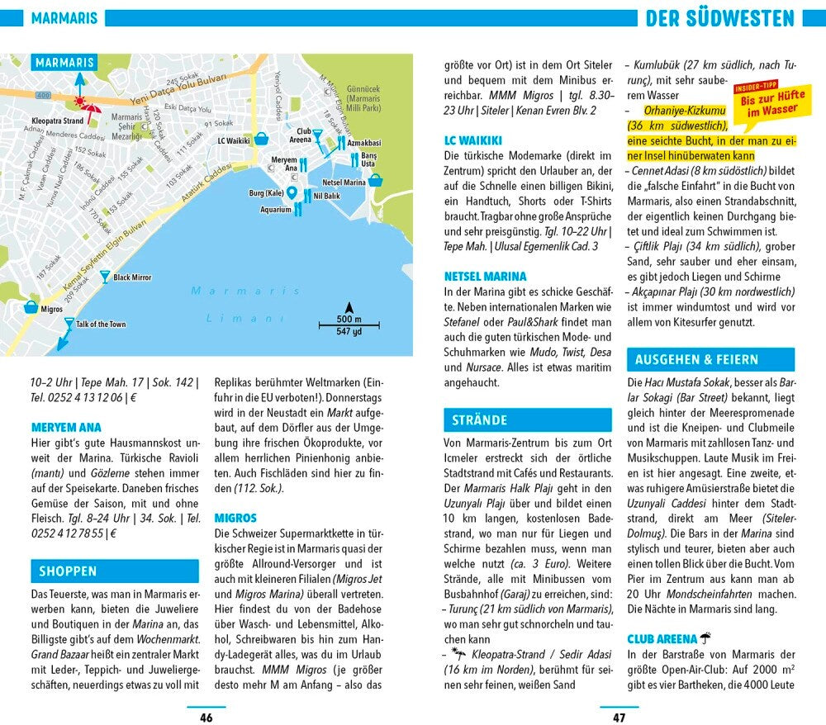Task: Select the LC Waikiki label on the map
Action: point(234,141)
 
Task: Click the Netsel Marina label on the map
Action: point(344,182)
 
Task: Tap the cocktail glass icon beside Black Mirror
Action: point(104,277)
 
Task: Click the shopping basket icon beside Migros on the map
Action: point(31,307)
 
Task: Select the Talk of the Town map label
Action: point(101,325)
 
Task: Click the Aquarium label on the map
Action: point(276,210)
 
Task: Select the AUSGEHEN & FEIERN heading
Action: point(696,359)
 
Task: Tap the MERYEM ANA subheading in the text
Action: point(66,428)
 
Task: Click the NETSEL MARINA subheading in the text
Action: point(485,277)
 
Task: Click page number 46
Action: point(206,717)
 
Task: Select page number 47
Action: point(619,717)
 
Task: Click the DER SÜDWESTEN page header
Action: point(719,18)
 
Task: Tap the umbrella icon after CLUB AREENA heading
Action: point(705,638)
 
